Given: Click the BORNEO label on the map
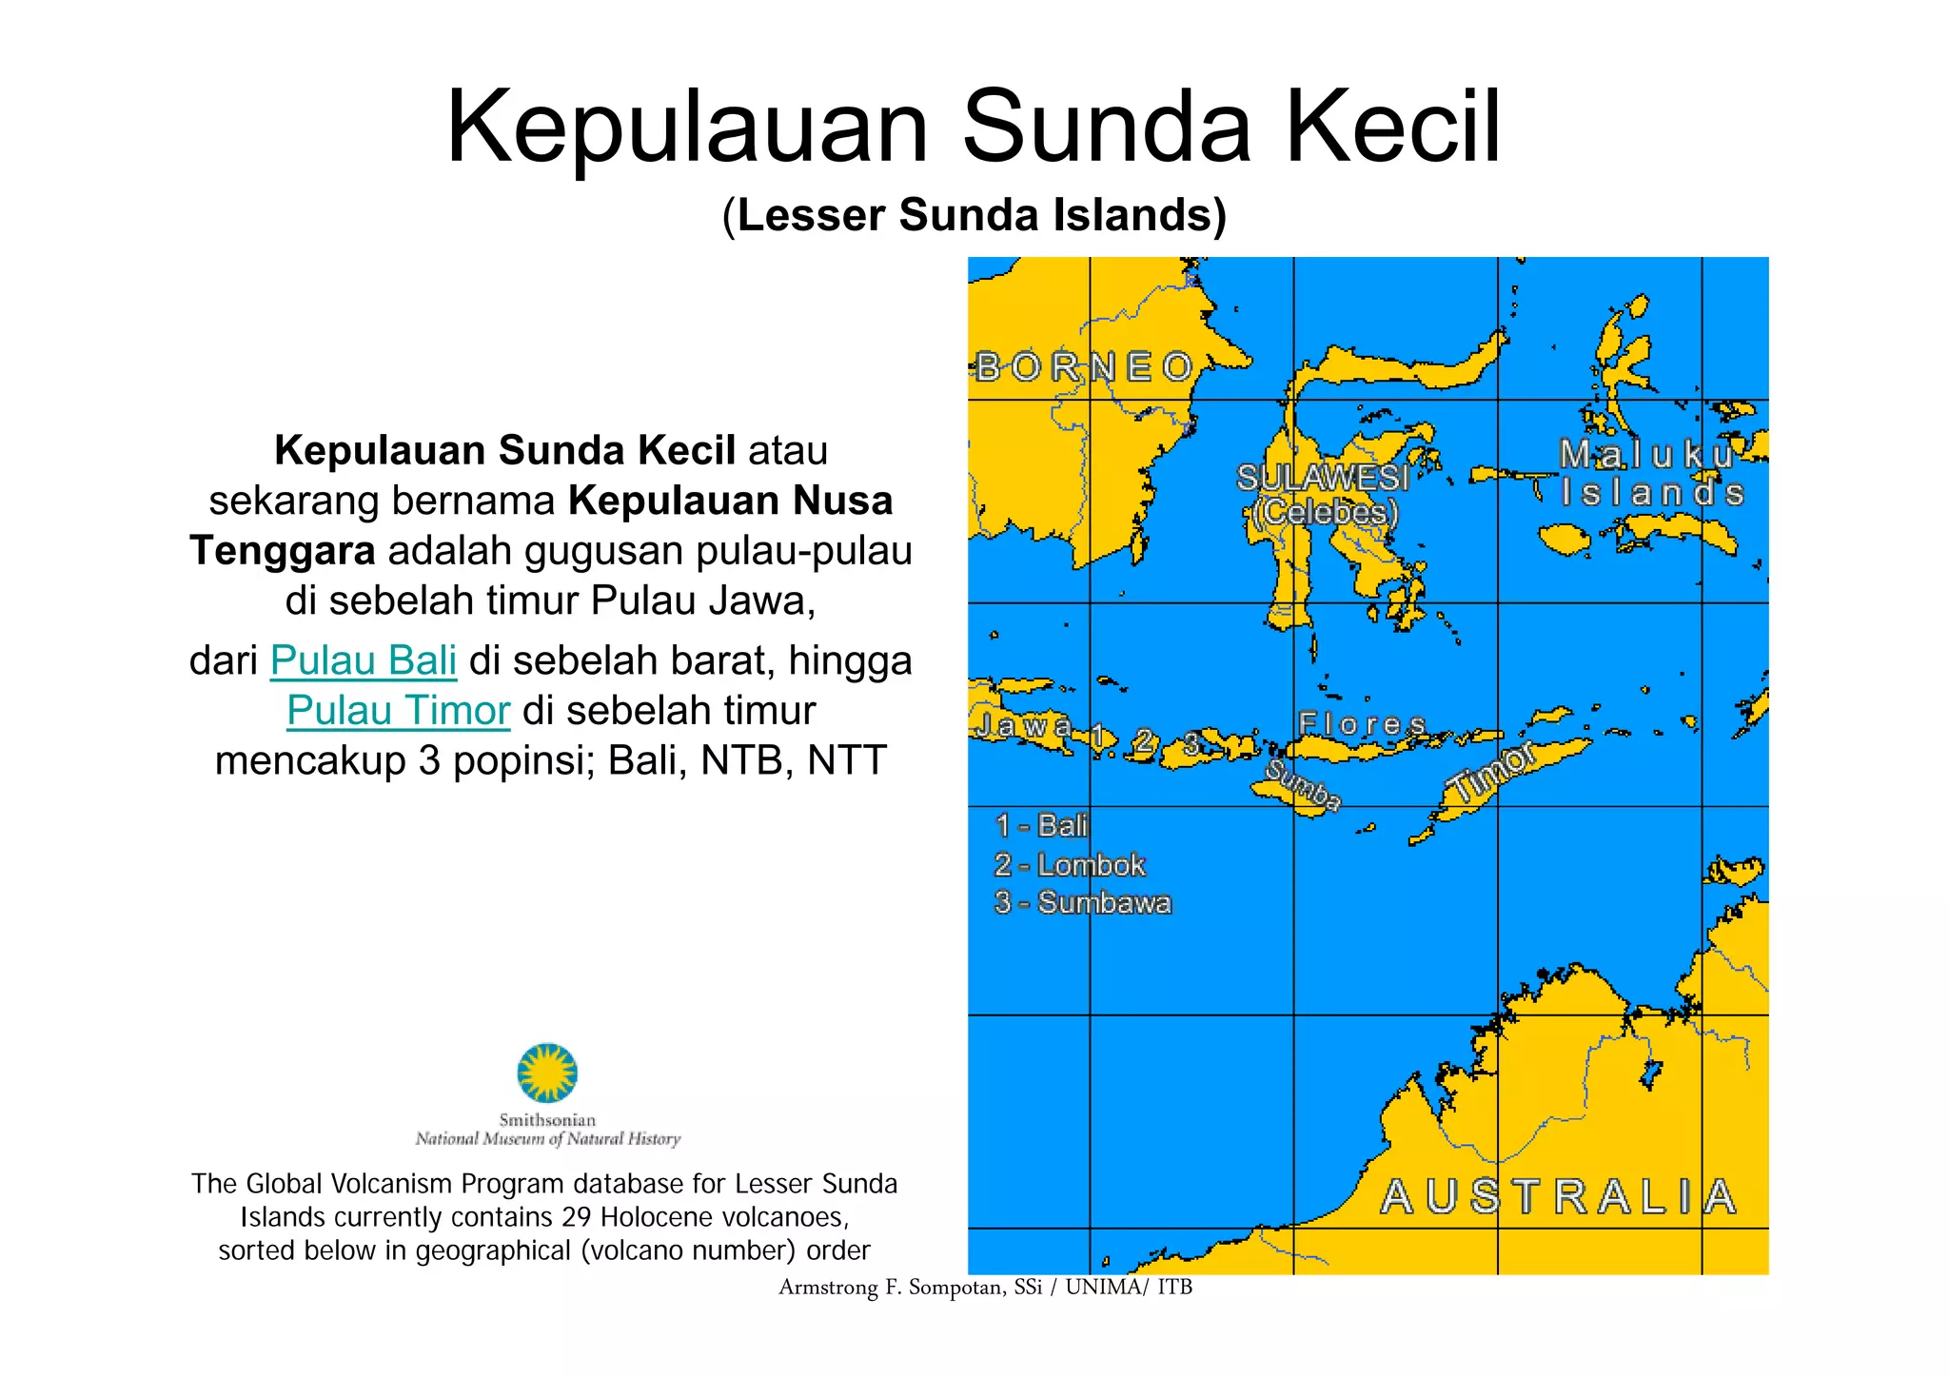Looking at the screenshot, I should [x=1084, y=366].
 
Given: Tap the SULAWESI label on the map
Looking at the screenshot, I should [x=1322, y=478].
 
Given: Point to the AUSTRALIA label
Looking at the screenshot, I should [x=1559, y=1197].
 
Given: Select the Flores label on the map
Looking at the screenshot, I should [x=1362, y=724].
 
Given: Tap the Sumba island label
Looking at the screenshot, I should [x=1303, y=786].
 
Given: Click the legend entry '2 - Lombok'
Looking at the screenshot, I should [x=1070, y=865].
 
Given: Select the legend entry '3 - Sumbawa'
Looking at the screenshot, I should [x=1082, y=903].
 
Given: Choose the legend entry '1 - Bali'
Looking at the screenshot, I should [x=1041, y=825].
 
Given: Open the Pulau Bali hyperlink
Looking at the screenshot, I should [x=364, y=660].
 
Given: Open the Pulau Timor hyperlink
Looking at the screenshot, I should [x=399, y=711].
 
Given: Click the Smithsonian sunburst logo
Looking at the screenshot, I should [x=547, y=1073].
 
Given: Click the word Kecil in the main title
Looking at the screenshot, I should [x=1393, y=127].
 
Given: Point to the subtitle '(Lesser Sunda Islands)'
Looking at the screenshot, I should [x=974, y=215].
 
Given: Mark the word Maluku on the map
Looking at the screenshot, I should [x=1646, y=454].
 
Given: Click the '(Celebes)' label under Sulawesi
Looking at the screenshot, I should [x=1327, y=512].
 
